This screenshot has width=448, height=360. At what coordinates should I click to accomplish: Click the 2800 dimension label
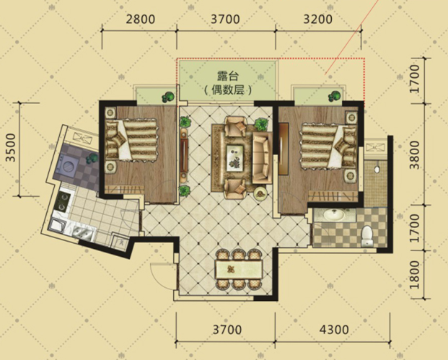[x=140, y=19]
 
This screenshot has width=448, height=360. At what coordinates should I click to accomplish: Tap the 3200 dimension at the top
[x=317, y=19]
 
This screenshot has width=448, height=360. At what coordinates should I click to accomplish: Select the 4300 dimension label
[x=334, y=330]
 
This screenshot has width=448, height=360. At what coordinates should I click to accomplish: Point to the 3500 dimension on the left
[x=11, y=147]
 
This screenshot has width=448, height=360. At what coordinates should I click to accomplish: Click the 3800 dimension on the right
[x=415, y=154]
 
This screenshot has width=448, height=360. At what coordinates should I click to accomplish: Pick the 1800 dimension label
[x=415, y=275]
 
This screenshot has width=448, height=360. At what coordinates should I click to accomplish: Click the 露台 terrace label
[x=228, y=76]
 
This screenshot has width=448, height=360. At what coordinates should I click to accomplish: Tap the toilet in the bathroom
[x=366, y=236]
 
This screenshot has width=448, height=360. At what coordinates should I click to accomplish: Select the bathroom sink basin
[x=334, y=215]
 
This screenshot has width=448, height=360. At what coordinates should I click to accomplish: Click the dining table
[x=239, y=269]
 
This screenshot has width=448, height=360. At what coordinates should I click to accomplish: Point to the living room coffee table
[x=235, y=158]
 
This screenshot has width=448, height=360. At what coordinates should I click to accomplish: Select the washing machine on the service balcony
[x=69, y=166]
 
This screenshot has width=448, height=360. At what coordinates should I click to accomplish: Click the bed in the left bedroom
[x=131, y=140]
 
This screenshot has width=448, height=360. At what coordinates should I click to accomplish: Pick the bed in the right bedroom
[x=329, y=146]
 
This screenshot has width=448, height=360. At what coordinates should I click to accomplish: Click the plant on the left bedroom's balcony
[x=168, y=97]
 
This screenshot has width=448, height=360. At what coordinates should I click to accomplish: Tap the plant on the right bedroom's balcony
[x=334, y=96]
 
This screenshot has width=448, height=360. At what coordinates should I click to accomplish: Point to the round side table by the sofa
[x=260, y=194]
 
